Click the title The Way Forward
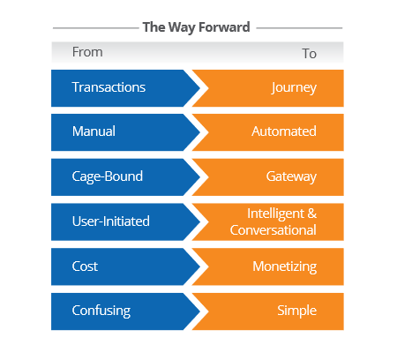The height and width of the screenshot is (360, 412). (196, 27)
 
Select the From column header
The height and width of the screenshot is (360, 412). (87, 53)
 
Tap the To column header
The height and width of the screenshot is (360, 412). (309, 53)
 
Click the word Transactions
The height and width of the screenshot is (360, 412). (109, 87)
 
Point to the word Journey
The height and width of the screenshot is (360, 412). (295, 87)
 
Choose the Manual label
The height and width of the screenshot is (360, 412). (94, 131)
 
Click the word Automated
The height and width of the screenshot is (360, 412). (283, 131)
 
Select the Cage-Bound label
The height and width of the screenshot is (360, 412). (107, 176)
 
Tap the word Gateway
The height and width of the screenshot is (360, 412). (290, 176)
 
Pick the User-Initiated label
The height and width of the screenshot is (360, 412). (112, 221)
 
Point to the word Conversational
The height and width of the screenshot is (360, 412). (273, 229)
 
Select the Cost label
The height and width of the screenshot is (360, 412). (86, 266)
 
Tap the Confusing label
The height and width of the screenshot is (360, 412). (101, 311)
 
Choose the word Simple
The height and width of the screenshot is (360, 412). (296, 311)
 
